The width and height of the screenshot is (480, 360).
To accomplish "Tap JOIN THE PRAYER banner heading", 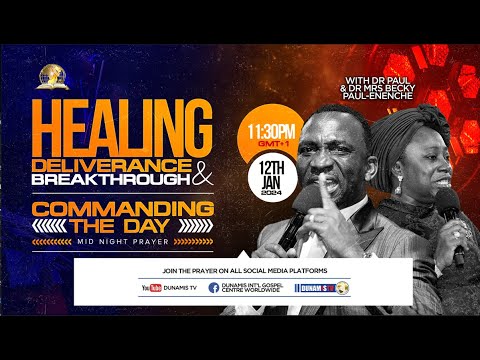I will [243, 269].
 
